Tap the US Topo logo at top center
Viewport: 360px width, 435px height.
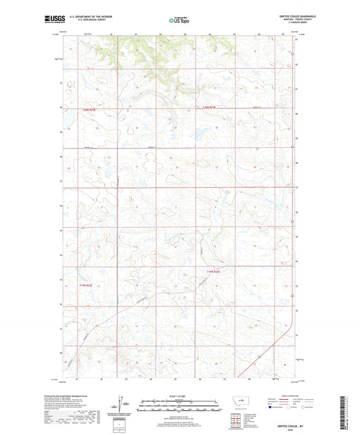[179, 21]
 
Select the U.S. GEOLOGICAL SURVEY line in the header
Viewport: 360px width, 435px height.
[84, 22]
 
